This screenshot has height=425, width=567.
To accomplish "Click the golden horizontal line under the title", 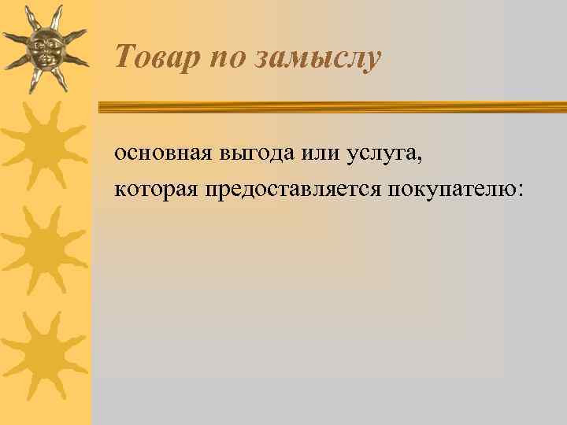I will click(x=331, y=106).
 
